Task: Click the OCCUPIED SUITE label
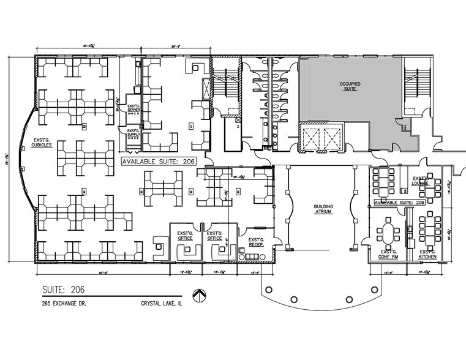[x=349, y=86]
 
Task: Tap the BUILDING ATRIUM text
[x=323, y=209]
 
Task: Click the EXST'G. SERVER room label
[x=133, y=108]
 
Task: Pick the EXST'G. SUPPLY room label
[x=133, y=134]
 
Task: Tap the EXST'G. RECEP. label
[x=256, y=242]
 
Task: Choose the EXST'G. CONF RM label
[x=389, y=254]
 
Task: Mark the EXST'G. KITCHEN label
[x=427, y=254]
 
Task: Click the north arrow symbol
[x=198, y=295]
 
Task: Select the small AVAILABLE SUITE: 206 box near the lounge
[x=400, y=202]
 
